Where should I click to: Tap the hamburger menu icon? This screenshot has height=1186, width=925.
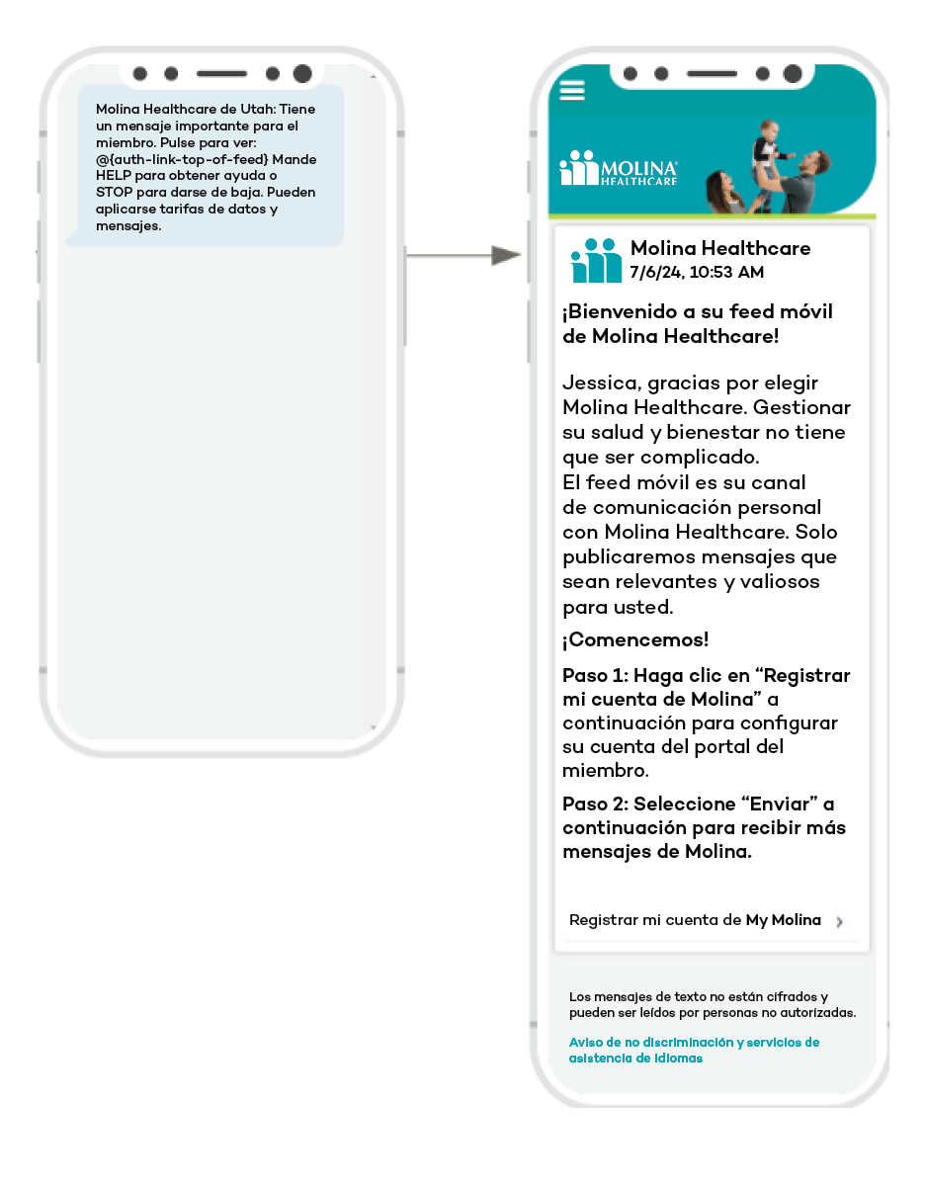coord(572,90)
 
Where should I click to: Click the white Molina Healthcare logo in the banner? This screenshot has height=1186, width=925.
coord(619,169)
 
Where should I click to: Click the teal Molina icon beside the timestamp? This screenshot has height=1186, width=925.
coord(596,260)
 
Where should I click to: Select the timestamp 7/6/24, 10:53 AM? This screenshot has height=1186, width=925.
coord(697,273)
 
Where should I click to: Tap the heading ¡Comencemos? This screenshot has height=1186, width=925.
coord(635,640)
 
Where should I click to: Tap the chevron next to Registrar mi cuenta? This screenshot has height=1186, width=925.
coord(839,922)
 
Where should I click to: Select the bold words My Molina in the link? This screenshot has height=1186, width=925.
coord(783,920)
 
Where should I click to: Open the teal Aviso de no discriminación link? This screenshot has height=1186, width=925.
coord(694,1050)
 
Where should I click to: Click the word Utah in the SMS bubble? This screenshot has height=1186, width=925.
coord(245,109)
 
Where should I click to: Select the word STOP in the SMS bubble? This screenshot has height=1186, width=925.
coord(115,193)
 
